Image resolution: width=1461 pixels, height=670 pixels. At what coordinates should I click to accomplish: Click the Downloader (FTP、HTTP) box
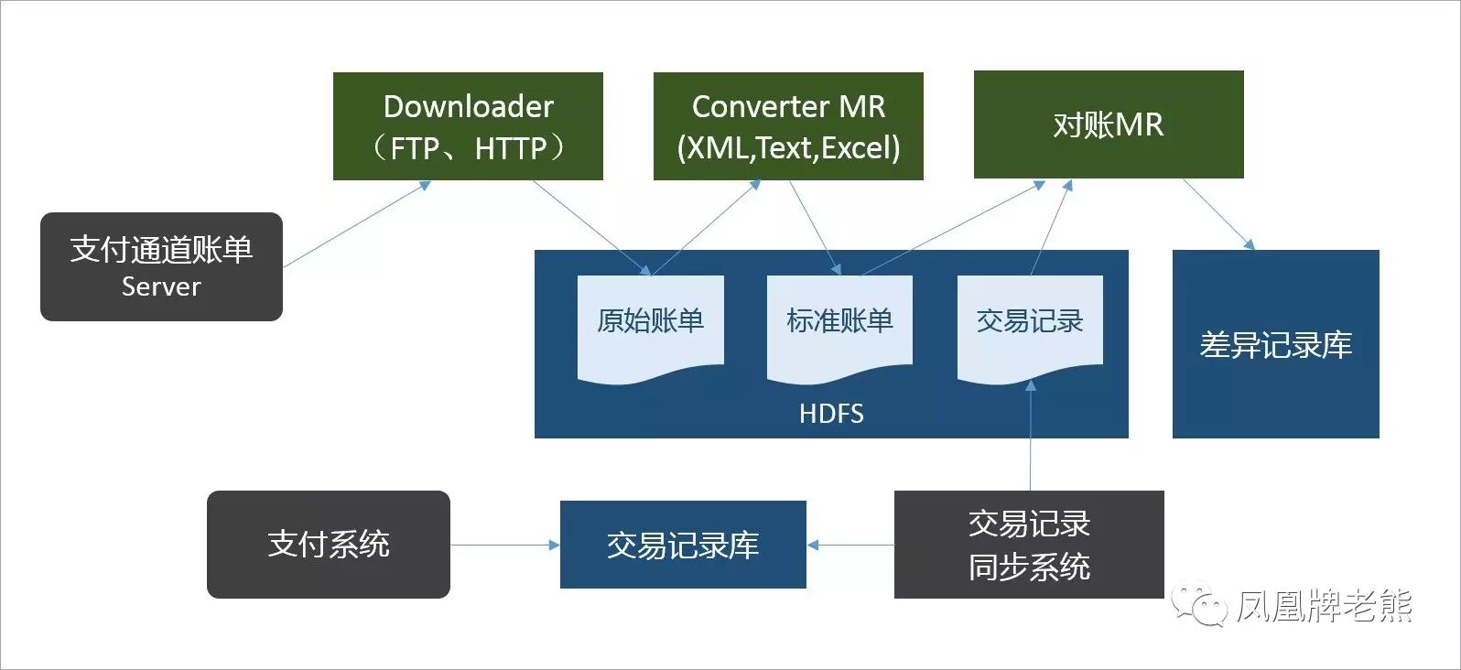pyautogui.click(x=468, y=126)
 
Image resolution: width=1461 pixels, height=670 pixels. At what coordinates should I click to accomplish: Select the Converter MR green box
pyautogui.click(x=788, y=126)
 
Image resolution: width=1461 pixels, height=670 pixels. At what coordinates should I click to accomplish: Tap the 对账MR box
pyautogui.click(x=1108, y=124)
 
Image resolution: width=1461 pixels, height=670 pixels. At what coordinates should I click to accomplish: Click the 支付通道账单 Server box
pyautogui.click(x=161, y=266)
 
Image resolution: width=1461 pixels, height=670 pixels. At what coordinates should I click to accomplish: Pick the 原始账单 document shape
pyautogui.click(x=650, y=326)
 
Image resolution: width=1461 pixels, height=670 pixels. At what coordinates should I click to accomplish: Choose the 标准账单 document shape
pyautogui.click(x=839, y=326)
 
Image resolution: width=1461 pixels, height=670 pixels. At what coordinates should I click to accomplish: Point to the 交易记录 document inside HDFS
pyautogui.click(x=1030, y=326)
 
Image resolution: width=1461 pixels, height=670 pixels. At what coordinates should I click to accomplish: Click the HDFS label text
pyautogui.click(x=831, y=414)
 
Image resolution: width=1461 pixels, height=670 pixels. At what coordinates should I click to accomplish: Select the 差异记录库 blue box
pyautogui.click(x=1275, y=344)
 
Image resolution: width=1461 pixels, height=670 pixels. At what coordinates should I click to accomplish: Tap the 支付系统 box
pyautogui.click(x=328, y=545)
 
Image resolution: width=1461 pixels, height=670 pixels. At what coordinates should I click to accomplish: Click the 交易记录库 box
pyautogui.click(x=683, y=546)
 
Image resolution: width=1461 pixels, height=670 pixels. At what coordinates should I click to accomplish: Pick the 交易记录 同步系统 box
pyautogui.click(x=1029, y=545)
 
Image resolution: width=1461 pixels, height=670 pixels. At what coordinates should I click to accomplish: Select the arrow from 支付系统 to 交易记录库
pyautogui.click(x=504, y=546)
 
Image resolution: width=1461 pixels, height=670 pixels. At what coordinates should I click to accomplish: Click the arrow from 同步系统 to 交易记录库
pyautogui.click(x=850, y=546)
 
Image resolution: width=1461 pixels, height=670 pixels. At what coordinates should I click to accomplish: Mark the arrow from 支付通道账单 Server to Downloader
pyautogui.click(x=356, y=224)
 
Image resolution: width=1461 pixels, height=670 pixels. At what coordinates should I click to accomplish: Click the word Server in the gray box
pyautogui.click(x=161, y=286)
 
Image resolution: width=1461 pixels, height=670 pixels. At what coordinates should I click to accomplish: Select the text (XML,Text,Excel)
pyautogui.click(x=788, y=147)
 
